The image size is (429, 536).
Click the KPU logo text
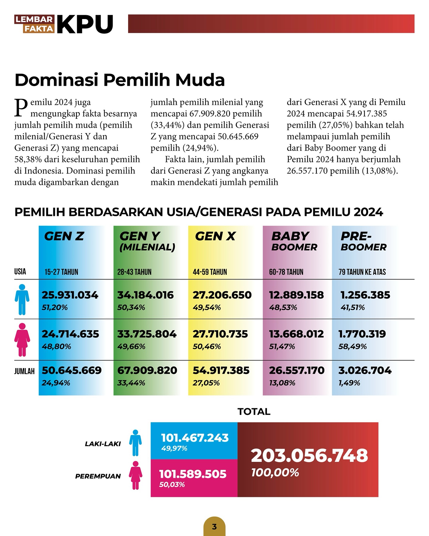85,24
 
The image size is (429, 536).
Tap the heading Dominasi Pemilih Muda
119,80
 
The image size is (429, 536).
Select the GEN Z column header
64,236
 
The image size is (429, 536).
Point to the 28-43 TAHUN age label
134,272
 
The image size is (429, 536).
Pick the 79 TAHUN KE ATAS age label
362,272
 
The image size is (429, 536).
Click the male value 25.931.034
70,295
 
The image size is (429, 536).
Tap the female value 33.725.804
147,334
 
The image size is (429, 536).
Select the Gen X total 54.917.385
221,370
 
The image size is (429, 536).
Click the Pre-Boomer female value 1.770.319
362,334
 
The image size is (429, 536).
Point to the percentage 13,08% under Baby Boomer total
282,383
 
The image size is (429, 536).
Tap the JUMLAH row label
24,371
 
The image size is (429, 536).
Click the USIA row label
20,272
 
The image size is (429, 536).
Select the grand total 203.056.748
309,456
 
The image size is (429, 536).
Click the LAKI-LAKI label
103,444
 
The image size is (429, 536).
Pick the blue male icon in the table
22,299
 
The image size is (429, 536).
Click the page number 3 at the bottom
214,527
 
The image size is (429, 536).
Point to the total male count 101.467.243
195,438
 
